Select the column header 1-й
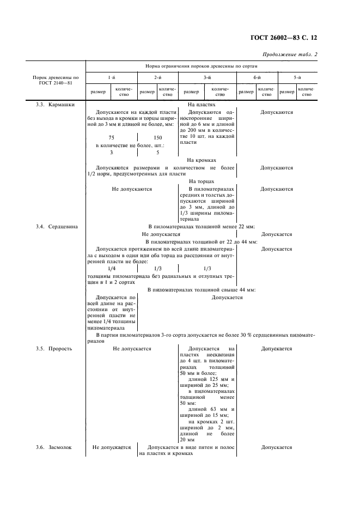[x=111, y=78]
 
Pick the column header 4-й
[x=257, y=78]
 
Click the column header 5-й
[x=297, y=78]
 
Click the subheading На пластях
[x=202, y=104]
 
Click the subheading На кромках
[x=202, y=160]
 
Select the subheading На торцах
[x=202, y=181]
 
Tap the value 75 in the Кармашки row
[x=111, y=138]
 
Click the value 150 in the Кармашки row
[x=157, y=138]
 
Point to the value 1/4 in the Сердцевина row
[x=112, y=268]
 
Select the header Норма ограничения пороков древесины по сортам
[x=201, y=65]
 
